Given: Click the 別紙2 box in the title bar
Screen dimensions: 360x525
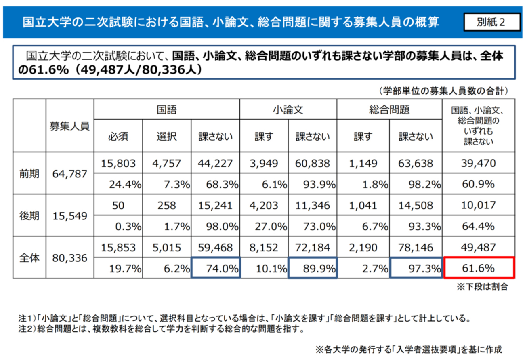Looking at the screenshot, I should [x=491, y=22].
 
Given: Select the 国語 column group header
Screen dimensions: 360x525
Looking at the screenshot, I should [x=167, y=109].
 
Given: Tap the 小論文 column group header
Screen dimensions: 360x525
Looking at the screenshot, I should [x=288, y=109].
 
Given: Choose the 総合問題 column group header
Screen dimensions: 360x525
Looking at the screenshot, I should [x=389, y=109].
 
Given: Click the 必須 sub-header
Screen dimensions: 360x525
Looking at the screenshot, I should [x=118, y=137].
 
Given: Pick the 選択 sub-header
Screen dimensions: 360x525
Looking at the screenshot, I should [x=166, y=137].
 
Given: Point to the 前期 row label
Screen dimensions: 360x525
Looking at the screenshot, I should [x=29, y=173].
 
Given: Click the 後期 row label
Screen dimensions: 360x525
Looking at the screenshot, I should [x=29, y=216].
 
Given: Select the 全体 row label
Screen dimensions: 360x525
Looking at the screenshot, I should [x=29, y=258].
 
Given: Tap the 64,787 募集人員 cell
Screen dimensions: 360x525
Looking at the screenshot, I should [x=70, y=174].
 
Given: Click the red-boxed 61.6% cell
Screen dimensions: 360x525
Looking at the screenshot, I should [x=479, y=268].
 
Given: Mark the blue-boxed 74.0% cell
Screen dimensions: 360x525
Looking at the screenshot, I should [x=216, y=268].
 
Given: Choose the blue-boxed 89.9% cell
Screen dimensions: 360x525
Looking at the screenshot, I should [x=313, y=268].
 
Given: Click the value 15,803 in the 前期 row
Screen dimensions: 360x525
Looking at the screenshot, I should [x=118, y=163].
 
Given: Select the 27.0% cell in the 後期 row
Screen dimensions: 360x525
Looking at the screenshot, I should [x=265, y=226].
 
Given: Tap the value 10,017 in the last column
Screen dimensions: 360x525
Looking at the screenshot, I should [x=479, y=205].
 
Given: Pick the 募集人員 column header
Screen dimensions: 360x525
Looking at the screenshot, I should [x=70, y=126].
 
